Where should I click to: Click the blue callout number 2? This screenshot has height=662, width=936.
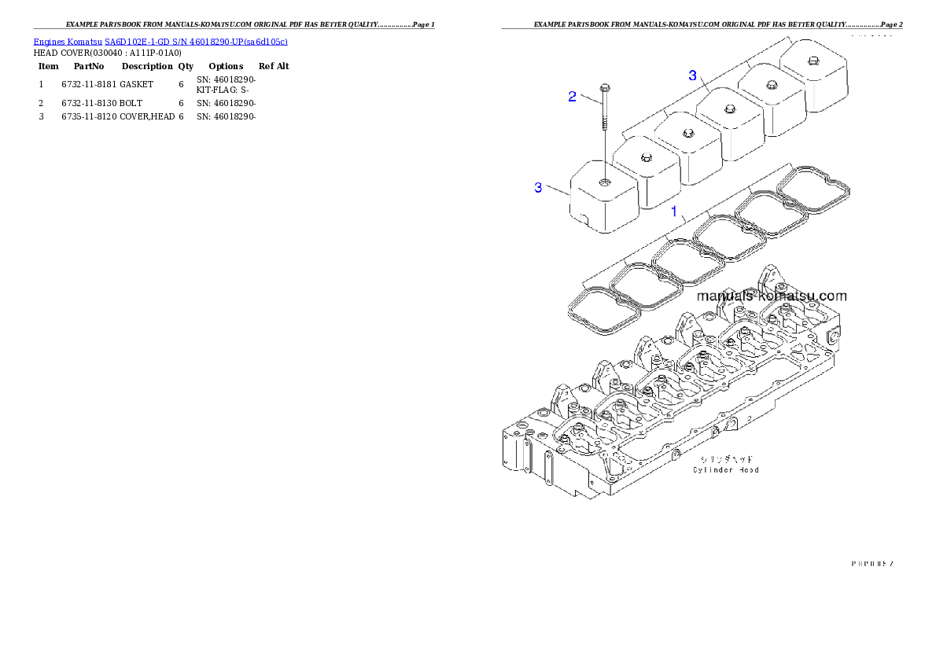(x=573, y=97)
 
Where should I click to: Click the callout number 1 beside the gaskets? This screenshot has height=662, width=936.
(x=674, y=211)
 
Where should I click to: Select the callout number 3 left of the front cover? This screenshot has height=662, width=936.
(x=538, y=187)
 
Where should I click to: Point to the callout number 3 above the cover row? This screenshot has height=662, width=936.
(x=692, y=75)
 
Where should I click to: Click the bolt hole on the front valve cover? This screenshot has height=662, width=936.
(x=603, y=182)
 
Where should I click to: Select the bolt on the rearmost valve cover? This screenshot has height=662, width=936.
(x=812, y=58)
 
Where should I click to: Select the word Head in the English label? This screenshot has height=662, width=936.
(x=747, y=470)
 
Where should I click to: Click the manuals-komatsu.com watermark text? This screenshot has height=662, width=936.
(x=772, y=296)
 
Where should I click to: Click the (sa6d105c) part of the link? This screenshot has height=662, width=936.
(x=265, y=41)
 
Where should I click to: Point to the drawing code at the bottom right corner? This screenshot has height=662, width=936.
(x=871, y=563)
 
